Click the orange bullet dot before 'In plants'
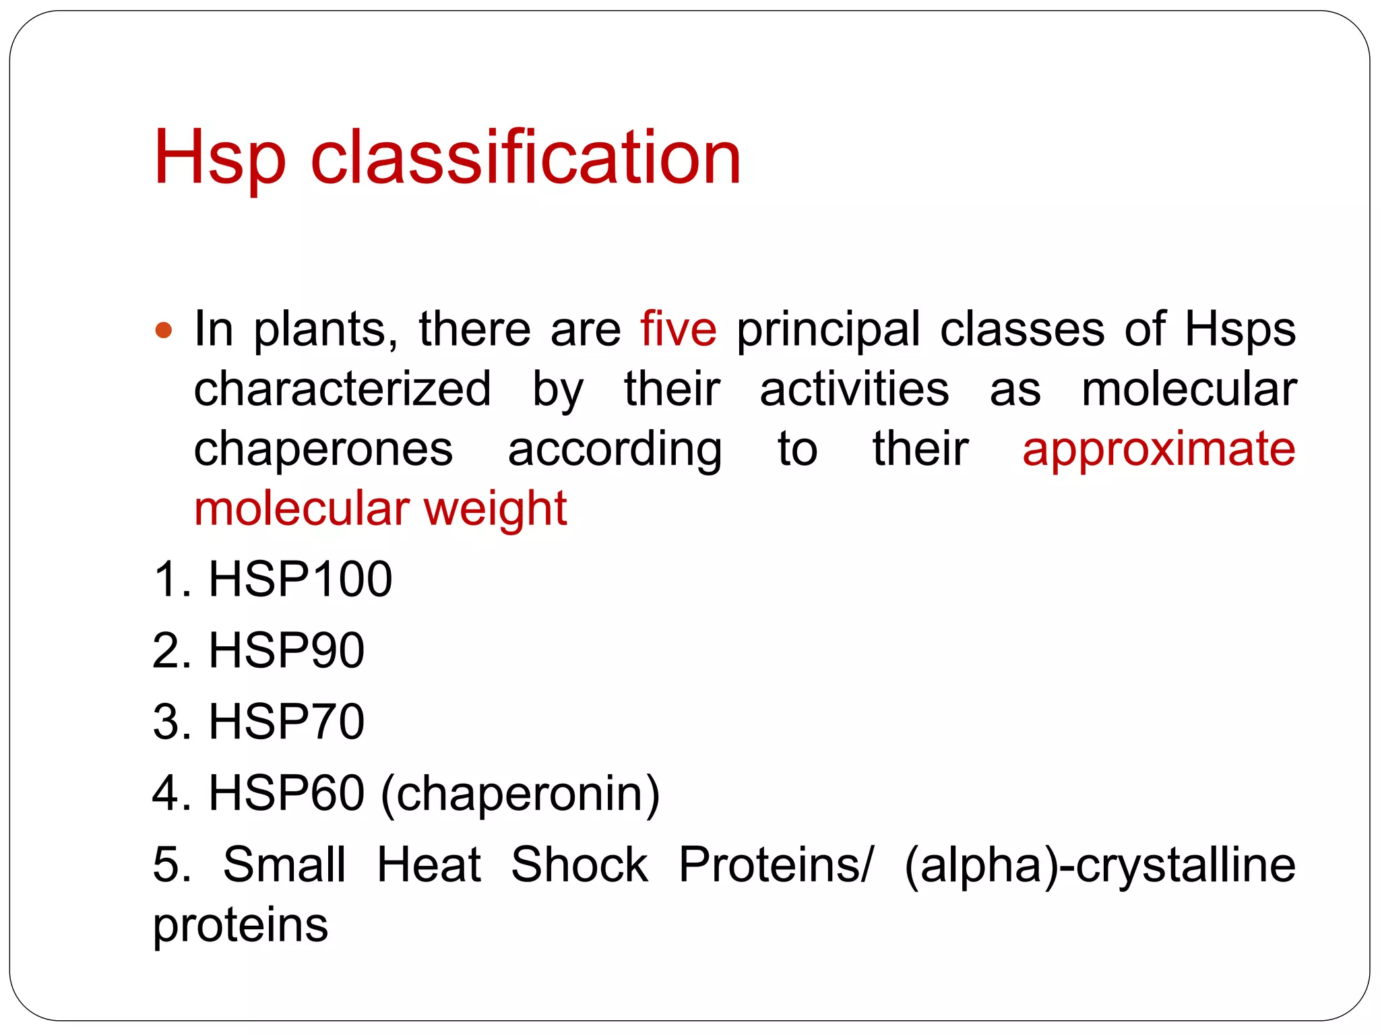tap(164, 330)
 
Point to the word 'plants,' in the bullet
tap(325, 330)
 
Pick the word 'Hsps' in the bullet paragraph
tap(1240, 330)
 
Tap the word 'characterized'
tap(342, 389)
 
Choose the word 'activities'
tap(854, 389)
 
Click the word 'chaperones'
tap(323, 449)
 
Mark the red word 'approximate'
tap(1158, 449)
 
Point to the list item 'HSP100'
tap(300, 579)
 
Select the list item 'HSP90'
tap(286, 650)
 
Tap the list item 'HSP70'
tap(286, 722)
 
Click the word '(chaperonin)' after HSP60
tap(520, 794)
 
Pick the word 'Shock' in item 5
tap(579, 865)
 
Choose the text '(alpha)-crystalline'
tap(1100, 866)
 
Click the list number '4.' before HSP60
tap(172, 793)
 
